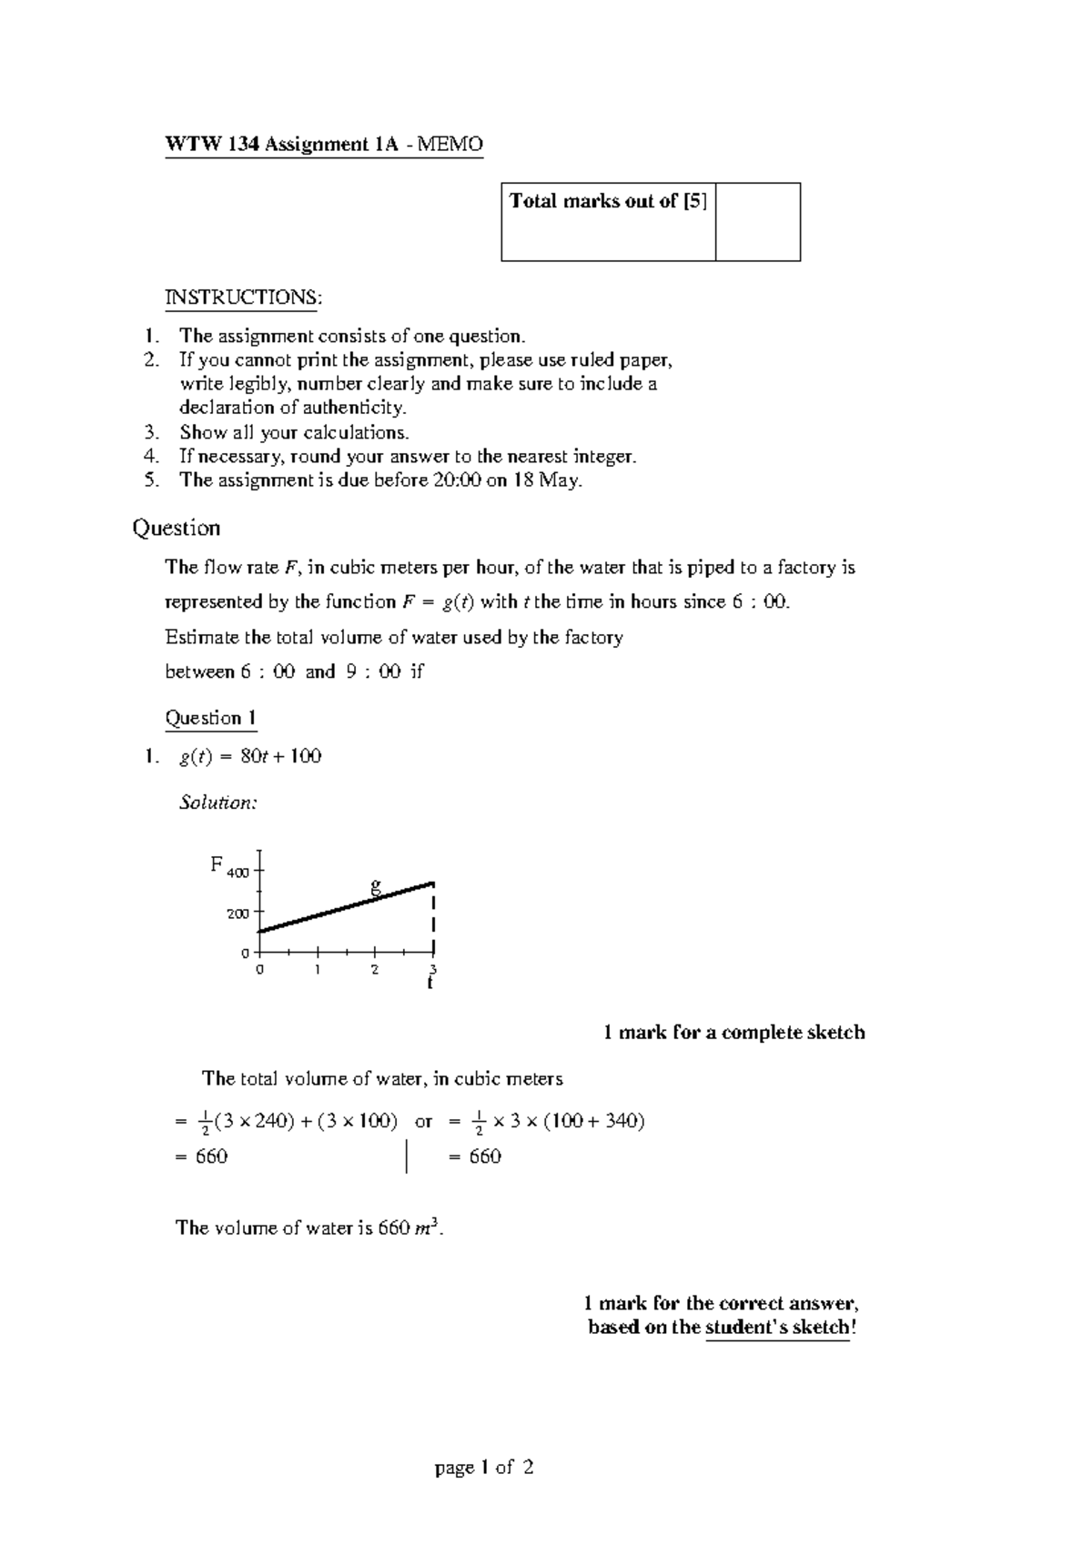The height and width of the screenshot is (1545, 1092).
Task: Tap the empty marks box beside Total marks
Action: [x=757, y=222]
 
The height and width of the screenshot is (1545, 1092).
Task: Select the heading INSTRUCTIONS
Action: [x=242, y=298]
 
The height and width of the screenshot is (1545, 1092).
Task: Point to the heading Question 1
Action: [x=210, y=718]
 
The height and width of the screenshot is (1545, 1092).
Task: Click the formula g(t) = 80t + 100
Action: [x=250, y=756]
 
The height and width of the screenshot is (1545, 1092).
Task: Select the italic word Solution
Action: [x=218, y=803]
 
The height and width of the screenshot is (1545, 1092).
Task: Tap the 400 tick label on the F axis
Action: [x=238, y=873]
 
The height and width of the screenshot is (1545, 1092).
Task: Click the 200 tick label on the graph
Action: [x=238, y=914]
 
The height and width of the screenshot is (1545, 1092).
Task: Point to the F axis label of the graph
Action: [x=217, y=863]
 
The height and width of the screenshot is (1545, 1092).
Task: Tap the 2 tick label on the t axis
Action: [x=375, y=970]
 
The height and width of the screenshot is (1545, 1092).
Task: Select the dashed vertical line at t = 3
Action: [x=434, y=919]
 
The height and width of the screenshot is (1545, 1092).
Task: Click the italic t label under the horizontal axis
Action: [x=430, y=984]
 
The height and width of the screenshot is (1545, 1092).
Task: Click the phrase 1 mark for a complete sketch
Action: [x=733, y=1033]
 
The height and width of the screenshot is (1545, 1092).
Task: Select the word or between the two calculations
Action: [x=423, y=1121]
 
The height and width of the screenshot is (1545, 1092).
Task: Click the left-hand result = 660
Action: [x=201, y=1156]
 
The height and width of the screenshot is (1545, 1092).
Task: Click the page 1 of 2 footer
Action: [x=484, y=1468]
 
